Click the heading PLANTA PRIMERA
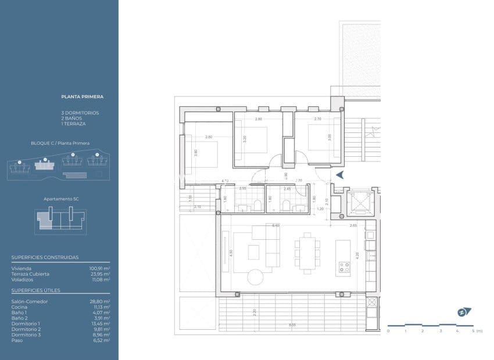coord(83,97)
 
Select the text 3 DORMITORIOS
coord(80,112)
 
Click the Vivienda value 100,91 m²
coord(99,269)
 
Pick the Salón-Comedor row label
coord(30,302)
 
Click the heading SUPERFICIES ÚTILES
coord(36,290)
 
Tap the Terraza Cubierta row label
coord(30,274)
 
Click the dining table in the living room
coord(306,251)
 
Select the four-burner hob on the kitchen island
coord(343,268)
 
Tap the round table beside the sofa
coord(256,276)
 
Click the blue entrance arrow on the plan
coord(340,174)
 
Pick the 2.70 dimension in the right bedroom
coord(317,119)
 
